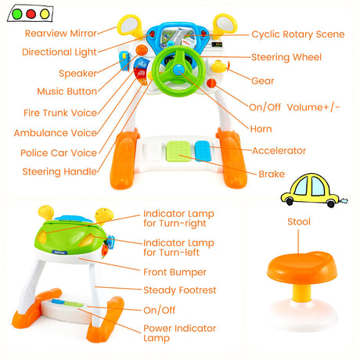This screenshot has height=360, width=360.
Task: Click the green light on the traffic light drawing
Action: click(17, 14)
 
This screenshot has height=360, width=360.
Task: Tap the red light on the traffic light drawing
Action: click(31, 14)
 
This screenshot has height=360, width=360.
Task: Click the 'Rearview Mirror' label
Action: click(61, 34)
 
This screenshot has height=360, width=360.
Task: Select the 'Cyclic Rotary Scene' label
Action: click(298, 34)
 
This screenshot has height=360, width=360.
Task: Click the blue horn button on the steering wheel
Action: click(178, 70)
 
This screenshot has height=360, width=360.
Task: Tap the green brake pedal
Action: click(178, 151)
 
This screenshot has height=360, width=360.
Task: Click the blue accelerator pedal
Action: click(203, 151)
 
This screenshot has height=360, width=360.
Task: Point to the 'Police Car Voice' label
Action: click(59, 153)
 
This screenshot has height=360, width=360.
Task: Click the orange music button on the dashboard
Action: click(142, 50)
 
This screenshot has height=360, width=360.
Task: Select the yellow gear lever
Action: click(218, 67)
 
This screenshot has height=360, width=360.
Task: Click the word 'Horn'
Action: click(261, 129)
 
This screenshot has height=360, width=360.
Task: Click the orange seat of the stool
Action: click(302, 267)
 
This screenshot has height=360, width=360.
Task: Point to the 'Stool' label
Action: click(299, 221)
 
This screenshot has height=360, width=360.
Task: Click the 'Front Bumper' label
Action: click(175, 272)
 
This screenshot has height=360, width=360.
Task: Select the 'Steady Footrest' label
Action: click(180, 290)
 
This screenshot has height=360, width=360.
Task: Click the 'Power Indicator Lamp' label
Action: click(180, 333)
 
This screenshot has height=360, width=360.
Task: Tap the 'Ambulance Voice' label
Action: click(56, 133)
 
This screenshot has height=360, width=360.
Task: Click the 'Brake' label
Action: click(272, 174)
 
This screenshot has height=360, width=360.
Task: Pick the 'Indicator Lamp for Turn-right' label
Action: click(178, 218)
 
